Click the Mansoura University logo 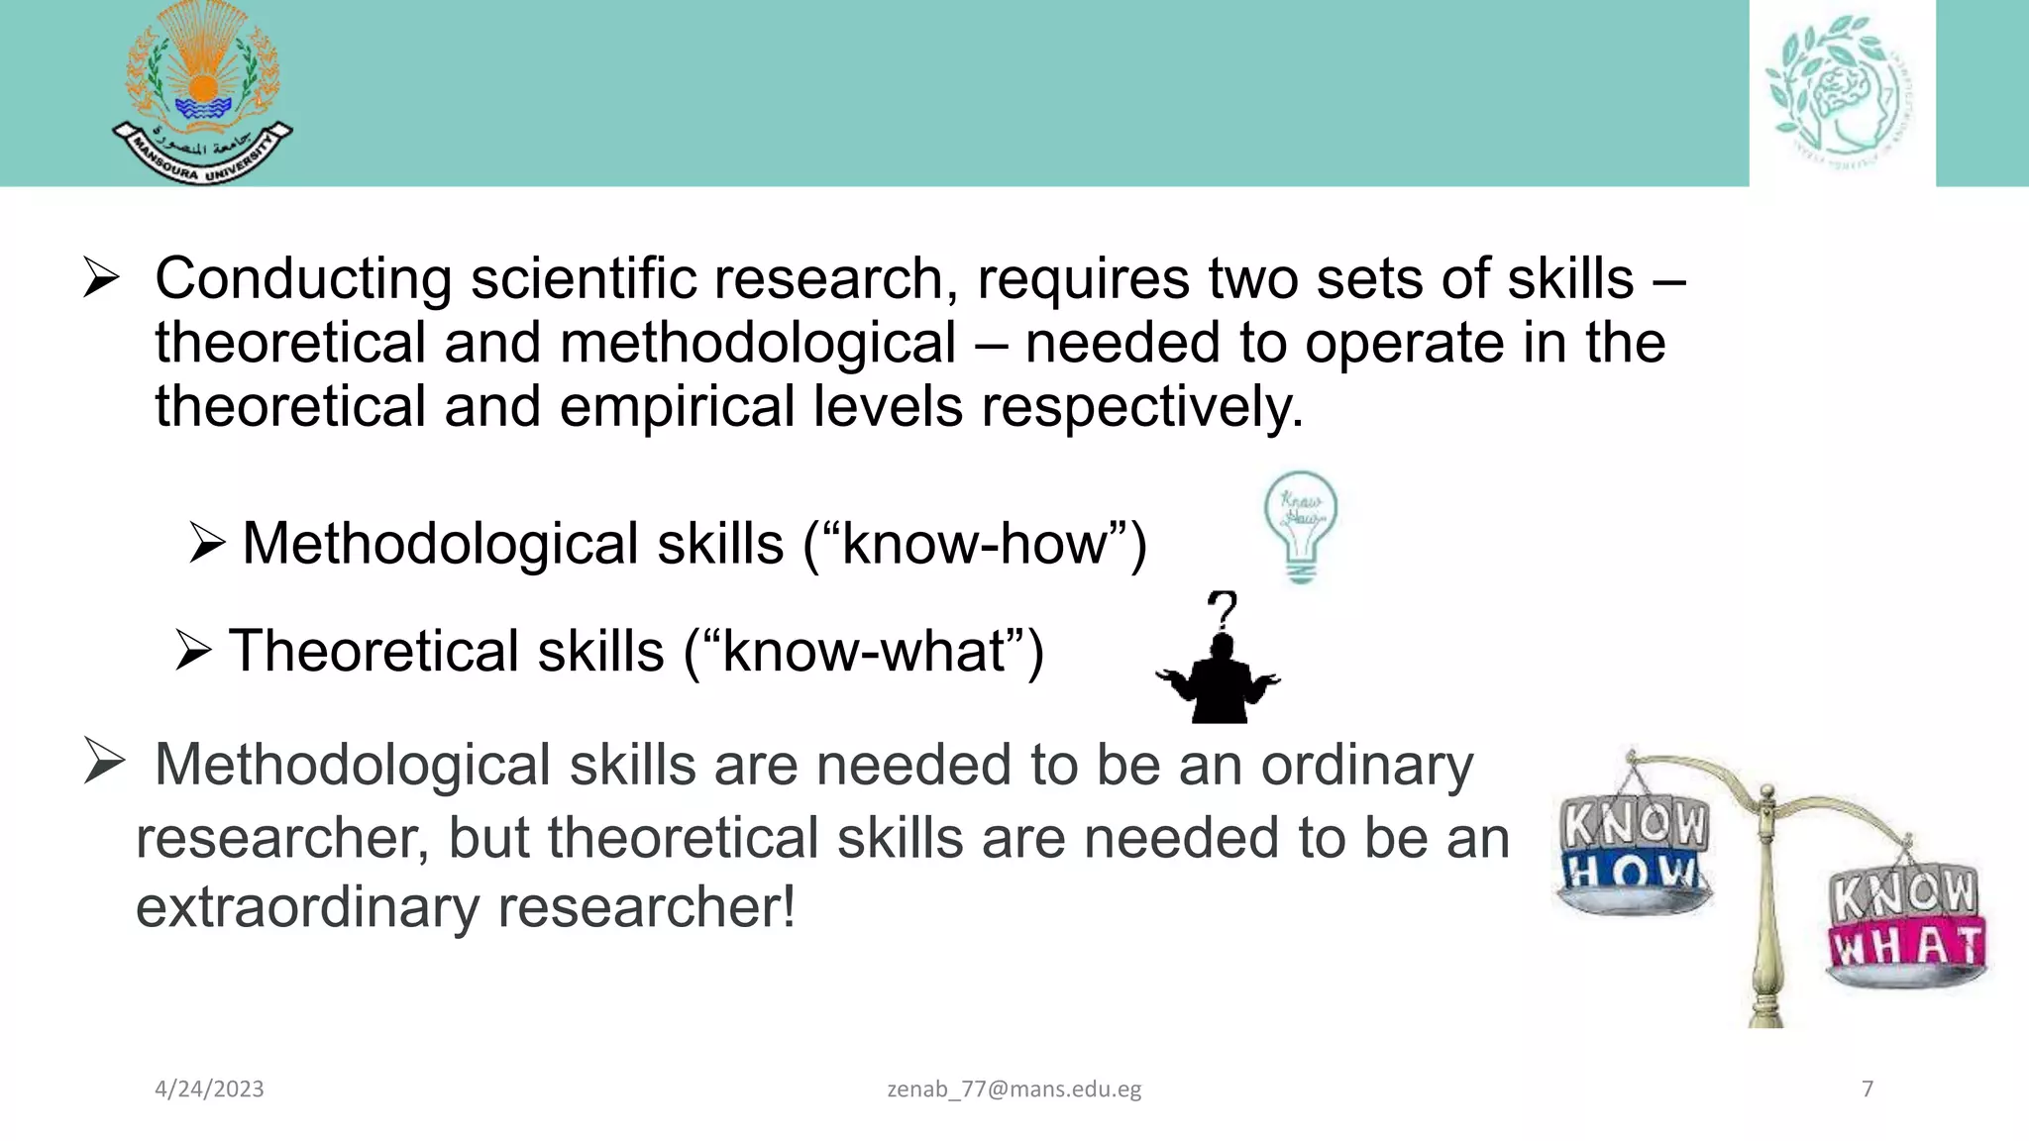[202, 94]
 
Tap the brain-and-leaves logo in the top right [1842, 92]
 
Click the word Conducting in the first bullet [303, 278]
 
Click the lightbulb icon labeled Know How [1300, 526]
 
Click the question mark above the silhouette [1224, 609]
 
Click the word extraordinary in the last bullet [307, 906]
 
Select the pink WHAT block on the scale [1907, 947]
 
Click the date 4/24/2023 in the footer [209, 1089]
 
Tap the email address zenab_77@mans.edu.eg [1014, 1089]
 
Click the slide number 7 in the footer [1868, 1089]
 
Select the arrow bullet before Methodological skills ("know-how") [207, 543]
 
